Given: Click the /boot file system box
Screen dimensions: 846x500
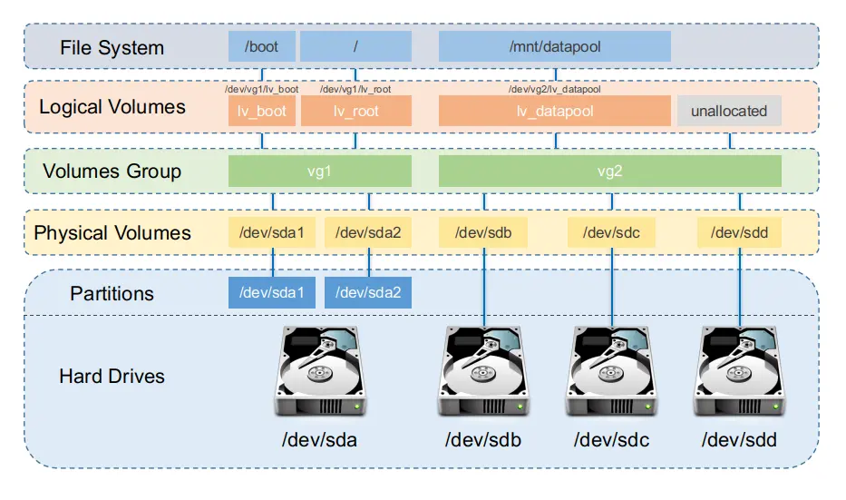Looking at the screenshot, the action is [262, 46].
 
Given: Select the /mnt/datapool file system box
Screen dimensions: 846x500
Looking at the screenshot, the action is [555, 46].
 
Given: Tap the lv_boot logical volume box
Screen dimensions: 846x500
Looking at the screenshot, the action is [262, 111].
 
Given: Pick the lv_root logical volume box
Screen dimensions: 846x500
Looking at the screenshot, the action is [356, 111].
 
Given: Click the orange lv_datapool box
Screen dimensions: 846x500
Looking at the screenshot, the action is [555, 111].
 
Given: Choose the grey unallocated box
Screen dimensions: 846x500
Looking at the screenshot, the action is [729, 111].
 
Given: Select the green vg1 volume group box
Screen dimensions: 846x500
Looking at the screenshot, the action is [320, 172].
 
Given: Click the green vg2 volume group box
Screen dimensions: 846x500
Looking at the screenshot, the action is [609, 172].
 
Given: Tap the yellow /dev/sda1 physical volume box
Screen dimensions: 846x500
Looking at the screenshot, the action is [272, 232].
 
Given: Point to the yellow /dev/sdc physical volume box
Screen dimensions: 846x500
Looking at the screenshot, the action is [611, 232].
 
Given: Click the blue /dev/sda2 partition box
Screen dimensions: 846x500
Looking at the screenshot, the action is [368, 293].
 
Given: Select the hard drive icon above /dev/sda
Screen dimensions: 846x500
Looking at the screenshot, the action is [320, 371].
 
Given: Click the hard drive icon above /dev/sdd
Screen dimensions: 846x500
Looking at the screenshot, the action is [739, 371].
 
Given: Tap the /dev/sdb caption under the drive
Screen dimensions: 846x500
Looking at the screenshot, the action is [483, 440].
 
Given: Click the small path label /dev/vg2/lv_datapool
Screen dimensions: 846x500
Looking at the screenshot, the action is [555, 89].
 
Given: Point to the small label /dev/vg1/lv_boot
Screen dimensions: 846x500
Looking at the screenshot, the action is [262, 89].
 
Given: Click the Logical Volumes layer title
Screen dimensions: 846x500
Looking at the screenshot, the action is [112, 107].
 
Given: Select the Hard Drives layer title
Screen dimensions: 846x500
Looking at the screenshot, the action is [112, 377].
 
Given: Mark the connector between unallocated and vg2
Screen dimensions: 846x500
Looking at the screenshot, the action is [730, 141].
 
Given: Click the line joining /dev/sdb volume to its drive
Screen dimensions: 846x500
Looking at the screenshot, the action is [484, 288].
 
